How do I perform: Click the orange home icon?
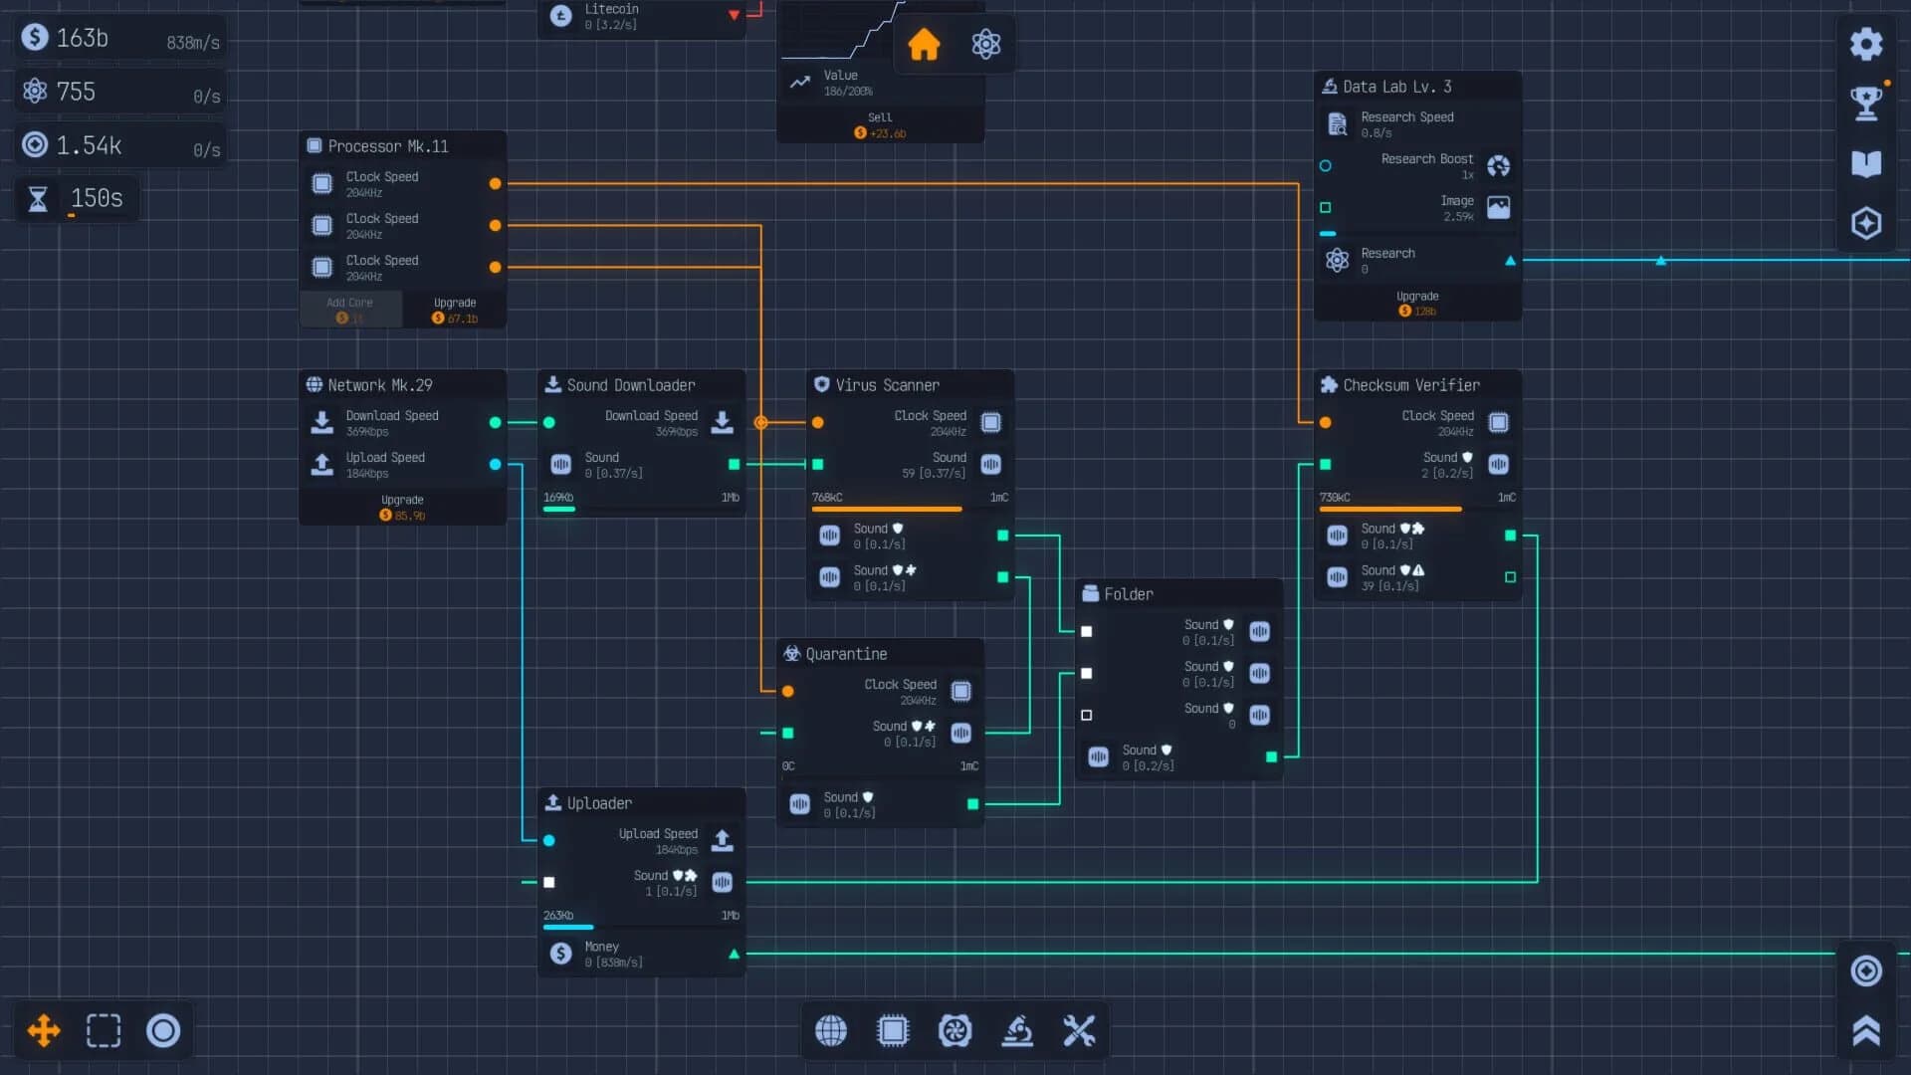point(924,44)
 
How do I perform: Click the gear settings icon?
point(1866,44)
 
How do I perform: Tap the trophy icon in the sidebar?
point(1866,103)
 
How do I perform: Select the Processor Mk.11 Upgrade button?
point(455,310)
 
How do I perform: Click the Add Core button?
point(349,310)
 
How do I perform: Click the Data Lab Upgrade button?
point(1416,304)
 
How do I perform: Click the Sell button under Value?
point(880,124)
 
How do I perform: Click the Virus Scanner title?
point(887,385)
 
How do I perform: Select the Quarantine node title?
point(846,654)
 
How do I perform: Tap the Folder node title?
point(1128,594)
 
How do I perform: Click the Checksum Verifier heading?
point(1410,385)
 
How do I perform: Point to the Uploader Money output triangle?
point(734,954)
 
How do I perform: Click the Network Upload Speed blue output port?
point(495,464)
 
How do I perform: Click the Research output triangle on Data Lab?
point(1510,261)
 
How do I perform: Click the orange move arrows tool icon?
point(44,1030)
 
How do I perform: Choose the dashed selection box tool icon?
point(104,1030)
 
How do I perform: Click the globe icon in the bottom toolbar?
point(831,1030)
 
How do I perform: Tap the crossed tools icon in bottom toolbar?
point(1079,1030)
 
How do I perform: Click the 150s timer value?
point(97,198)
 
